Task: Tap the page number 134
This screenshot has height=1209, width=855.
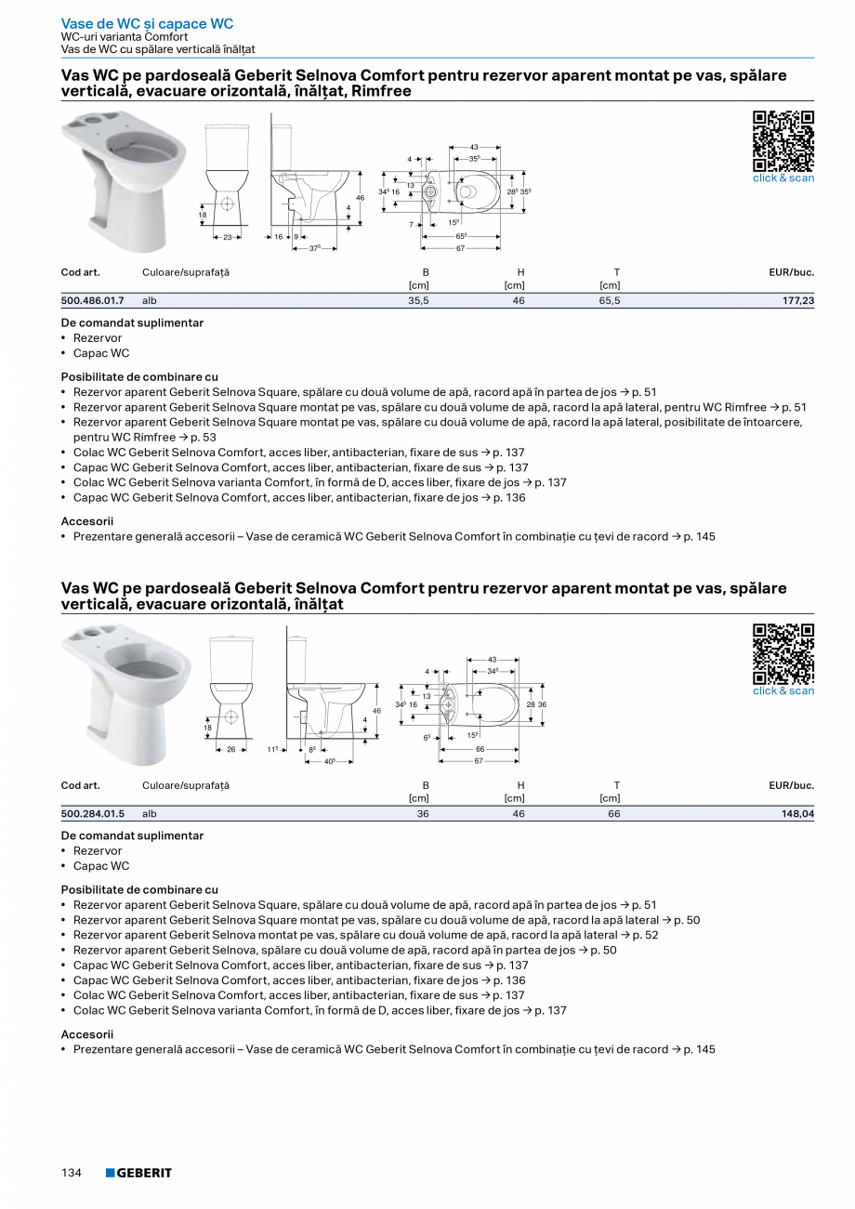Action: click(x=72, y=1173)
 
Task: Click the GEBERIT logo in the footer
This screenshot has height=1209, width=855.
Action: click(x=138, y=1173)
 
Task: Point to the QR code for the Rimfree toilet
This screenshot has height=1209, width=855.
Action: click(x=783, y=140)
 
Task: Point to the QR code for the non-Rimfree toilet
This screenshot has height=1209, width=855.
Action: click(x=783, y=653)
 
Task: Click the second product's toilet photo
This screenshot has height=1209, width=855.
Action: click(x=125, y=692)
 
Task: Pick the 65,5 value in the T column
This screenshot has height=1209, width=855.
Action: click(x=610, y=301)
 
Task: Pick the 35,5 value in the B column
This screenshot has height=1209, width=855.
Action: click(x=418, y=301)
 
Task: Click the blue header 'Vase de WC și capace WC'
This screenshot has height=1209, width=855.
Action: click(x=147, y=24)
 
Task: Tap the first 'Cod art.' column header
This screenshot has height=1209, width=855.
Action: click(x=80, y=272)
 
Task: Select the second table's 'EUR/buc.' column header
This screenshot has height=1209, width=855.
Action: click(x=791, y=785)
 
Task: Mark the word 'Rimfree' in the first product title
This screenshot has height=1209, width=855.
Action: click(x=377, y=91)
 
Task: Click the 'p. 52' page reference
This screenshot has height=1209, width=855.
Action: click(x=645, y=935)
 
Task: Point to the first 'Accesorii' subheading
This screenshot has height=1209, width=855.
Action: click(x=86, y=521)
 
